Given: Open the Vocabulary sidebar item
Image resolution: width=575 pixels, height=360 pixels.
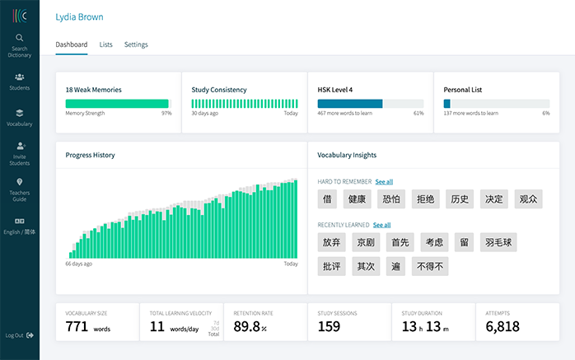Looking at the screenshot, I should [19, 117].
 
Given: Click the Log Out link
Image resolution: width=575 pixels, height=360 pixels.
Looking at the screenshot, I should [19, 335].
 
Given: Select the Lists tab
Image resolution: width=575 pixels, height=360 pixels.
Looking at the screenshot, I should [105, 44].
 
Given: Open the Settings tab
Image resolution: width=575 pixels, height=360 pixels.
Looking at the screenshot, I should [136, 44].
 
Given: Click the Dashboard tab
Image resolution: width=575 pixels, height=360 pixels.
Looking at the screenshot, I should [71, 44].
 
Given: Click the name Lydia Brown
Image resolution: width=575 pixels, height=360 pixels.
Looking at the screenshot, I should [79, 16].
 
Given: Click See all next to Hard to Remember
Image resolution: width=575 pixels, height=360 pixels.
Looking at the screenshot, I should [384, 181].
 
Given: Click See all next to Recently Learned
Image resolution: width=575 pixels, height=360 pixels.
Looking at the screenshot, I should [381, 225].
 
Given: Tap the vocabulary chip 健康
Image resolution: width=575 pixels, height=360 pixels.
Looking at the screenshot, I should [357, 199].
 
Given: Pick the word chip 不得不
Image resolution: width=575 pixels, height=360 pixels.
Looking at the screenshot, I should [430, 266].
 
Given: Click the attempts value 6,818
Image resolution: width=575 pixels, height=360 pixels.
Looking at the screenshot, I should [503, 327].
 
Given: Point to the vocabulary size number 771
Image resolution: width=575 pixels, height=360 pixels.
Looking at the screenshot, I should [77, 327].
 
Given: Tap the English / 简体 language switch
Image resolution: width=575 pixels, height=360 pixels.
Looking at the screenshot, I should [19, 225].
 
